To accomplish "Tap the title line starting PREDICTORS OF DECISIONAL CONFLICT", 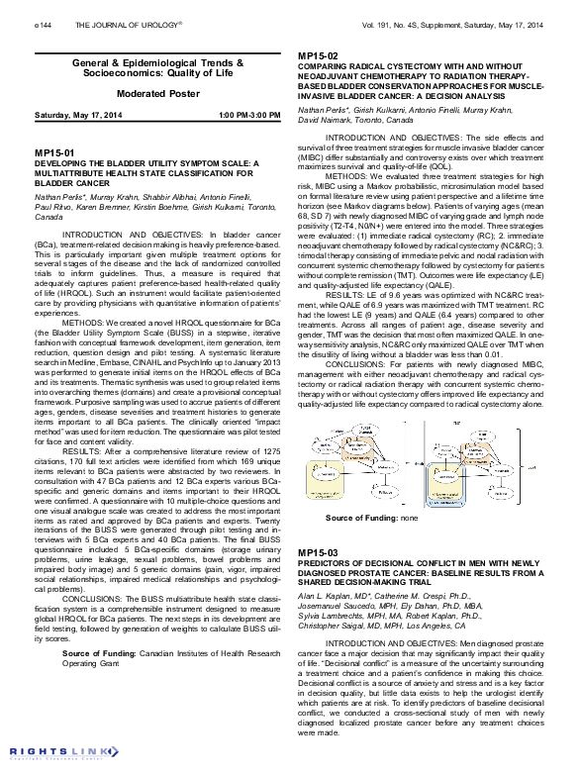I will pyautogui.click(x=426, y=561).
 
